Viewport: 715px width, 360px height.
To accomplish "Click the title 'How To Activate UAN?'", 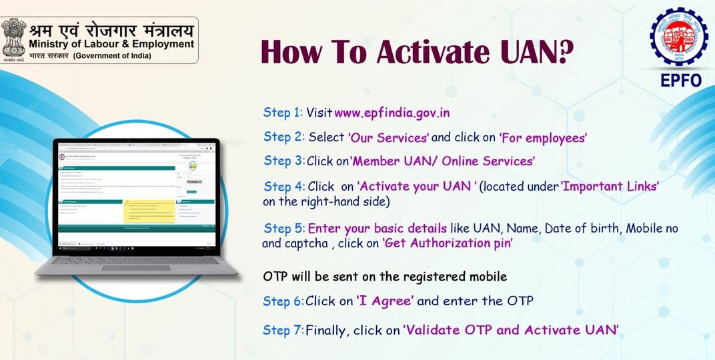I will pos(416,51).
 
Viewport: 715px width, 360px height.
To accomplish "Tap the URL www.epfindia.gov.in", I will pos(392,113).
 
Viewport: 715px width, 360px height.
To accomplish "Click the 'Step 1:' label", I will pos(283,113).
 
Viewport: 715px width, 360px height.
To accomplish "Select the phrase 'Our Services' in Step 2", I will pos(389,137).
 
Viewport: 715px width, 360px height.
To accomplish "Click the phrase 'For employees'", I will pos(543,137).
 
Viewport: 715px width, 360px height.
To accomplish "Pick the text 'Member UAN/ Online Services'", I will pos(443,161).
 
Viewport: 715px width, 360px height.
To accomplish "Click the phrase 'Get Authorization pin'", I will pos(447,243).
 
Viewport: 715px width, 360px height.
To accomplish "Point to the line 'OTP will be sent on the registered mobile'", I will pos(385,276).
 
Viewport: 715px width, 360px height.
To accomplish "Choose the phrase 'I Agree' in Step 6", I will pos(386,301).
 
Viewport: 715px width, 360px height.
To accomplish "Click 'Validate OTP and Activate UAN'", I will pos(511,330).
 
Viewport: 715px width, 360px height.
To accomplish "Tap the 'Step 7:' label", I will pos(283,330).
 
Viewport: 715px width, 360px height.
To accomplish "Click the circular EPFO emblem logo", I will pos(678,38).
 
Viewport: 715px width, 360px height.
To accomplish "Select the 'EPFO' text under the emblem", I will pos(679,81).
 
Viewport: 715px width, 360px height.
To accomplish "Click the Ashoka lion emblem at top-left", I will pos(13,39).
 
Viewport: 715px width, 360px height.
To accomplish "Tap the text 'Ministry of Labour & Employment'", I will pos(111,44).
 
